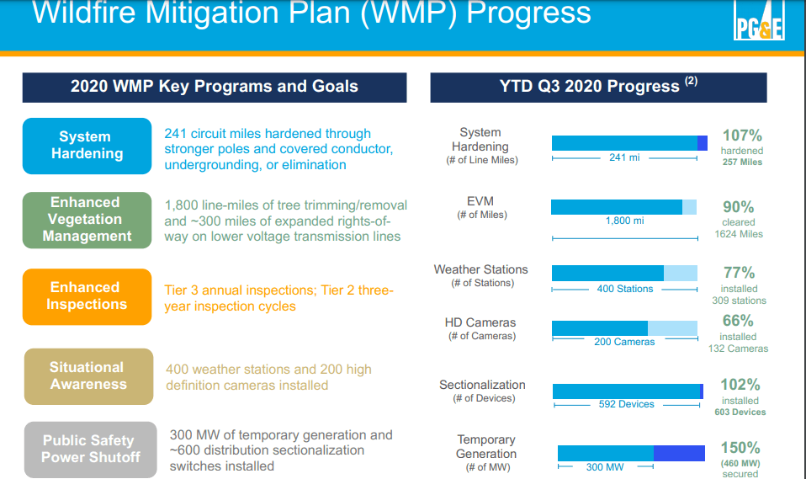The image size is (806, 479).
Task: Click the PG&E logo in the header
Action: tap(760, 27)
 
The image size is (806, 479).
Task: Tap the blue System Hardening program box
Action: tap(87, 146)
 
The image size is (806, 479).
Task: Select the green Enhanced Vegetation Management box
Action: tap(87, 220)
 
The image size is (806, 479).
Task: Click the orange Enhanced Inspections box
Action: tap(87, 296)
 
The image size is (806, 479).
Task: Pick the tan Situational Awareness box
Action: tap(87, 376)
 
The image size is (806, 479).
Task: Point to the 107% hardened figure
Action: tap(742, 136)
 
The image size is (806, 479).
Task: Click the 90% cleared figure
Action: tap(739, 207)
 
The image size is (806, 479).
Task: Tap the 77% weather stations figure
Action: tap(739, 273)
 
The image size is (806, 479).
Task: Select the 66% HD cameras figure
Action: tap(738, 321)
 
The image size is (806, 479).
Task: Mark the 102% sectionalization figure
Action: tap(740, 385)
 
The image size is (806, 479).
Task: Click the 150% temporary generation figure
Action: tap(740, 448)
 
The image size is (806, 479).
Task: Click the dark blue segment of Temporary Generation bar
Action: tap(678, 453)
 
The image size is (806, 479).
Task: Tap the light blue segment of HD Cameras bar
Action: tap(672, 328)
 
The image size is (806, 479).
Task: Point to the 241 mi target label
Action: tap(623, 157)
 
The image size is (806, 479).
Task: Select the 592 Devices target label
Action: tap(626, 404)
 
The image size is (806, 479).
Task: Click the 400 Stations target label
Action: tap(624, 289)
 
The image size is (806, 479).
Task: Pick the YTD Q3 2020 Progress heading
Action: tap(598, 87)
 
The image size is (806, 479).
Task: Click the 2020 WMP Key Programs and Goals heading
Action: tap(215, 87)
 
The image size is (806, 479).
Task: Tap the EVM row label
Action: tap(480, 201)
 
